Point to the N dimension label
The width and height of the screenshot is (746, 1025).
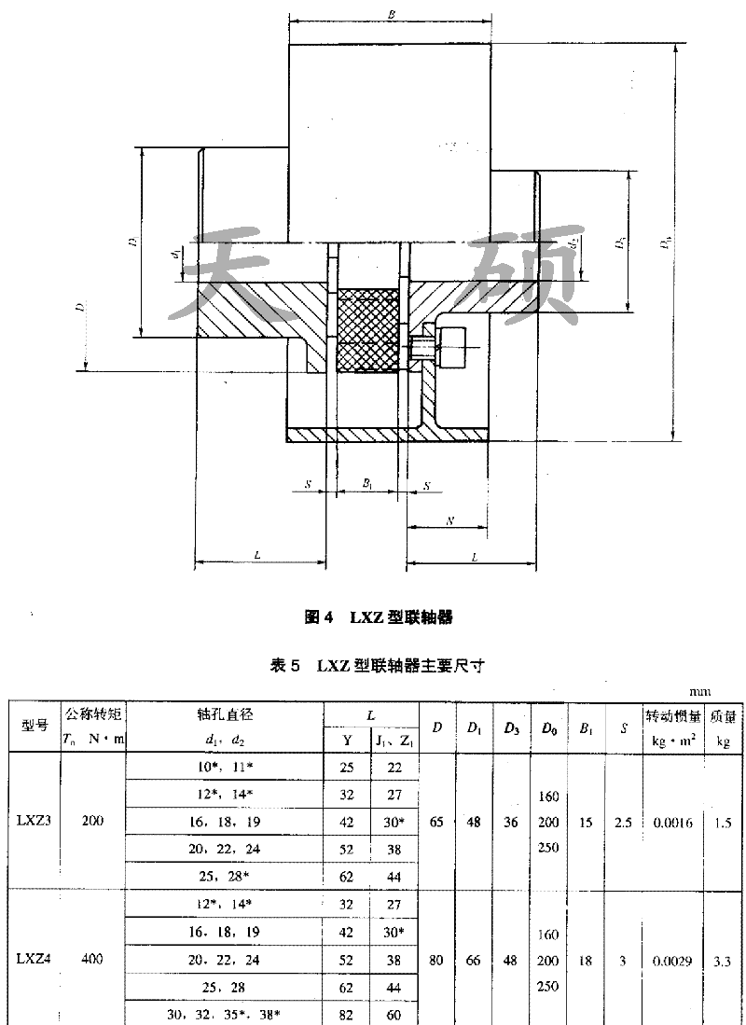click(x=449, y=521)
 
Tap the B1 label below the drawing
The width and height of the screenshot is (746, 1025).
click(x=367, y=485)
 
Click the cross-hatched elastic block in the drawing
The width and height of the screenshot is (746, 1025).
click(x=367, y=328)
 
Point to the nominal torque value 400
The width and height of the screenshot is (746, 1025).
click(x=93, y=958)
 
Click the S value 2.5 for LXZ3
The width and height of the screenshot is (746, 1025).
click(x=623, y=823)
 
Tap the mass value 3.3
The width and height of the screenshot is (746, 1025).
click(x=722, y=959)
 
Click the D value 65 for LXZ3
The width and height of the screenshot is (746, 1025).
click(x=436, y=823)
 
